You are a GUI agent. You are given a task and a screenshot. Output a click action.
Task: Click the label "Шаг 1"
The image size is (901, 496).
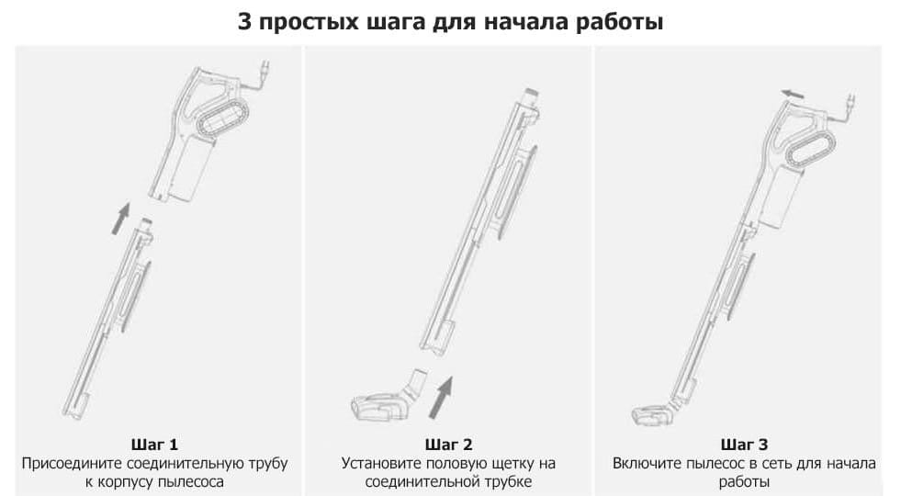pos(154,445)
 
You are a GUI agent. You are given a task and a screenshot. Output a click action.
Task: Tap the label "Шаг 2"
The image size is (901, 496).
pos(449,445)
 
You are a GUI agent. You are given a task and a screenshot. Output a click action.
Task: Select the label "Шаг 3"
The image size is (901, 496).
pos(744,445)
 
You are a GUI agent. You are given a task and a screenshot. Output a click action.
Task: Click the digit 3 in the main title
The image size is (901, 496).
pos(245,22)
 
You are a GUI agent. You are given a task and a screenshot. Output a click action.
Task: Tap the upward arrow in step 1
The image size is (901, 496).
pos(120,219)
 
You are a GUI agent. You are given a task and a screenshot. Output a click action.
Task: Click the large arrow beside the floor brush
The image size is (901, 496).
pos(441,398)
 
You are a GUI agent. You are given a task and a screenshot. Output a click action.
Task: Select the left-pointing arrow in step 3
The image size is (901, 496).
pos(792,94)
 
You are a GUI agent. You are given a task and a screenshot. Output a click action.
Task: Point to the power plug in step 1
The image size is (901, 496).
pos(265,70)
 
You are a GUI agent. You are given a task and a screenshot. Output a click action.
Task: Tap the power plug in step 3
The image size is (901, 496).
pos(850,102)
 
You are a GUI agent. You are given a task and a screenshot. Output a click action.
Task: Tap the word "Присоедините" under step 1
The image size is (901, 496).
pos(72,463)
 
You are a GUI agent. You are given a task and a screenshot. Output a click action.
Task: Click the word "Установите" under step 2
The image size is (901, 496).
pos(379,463)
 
